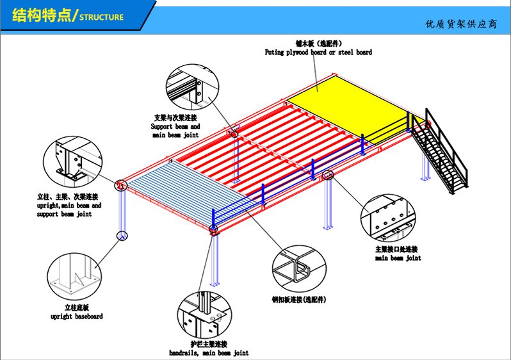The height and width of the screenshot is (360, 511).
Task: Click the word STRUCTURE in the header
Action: click(101, 17)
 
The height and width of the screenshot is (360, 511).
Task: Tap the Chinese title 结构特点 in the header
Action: click(40, 15)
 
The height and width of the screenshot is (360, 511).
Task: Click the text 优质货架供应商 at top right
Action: click(460, 24)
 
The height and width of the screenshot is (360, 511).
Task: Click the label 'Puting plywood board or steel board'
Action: click(318, 53)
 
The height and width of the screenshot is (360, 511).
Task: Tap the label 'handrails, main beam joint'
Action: click(208, 353)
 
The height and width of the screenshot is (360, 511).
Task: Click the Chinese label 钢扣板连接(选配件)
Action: click(299, 300)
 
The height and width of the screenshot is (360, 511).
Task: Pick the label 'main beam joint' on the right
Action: click(398, 258)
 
